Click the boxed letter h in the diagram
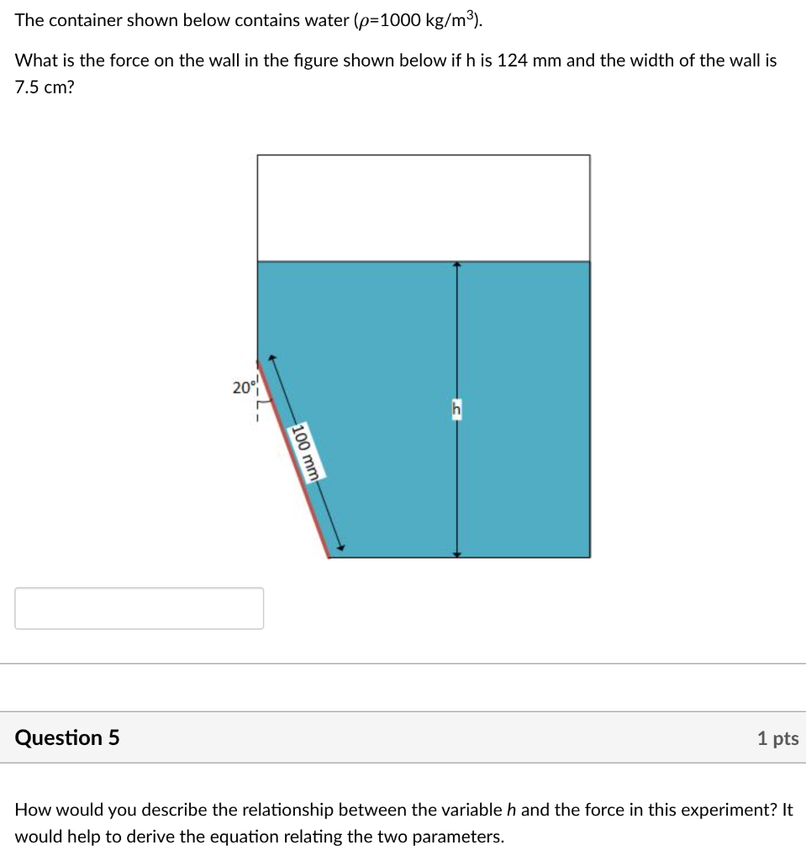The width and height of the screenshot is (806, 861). pyautogui.click(x=456, y=409)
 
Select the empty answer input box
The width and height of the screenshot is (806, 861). pyautogui.click(x=139, y=608)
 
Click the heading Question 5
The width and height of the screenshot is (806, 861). pyautogui.click(x=67, y=737)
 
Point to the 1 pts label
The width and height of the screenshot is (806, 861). pyautogui.click(x=777, y=738)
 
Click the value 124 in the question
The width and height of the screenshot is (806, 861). pyautogui.click(x=511, y=61)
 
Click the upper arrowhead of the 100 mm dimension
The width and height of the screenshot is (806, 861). pyautogui.click(x=273, y=357)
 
